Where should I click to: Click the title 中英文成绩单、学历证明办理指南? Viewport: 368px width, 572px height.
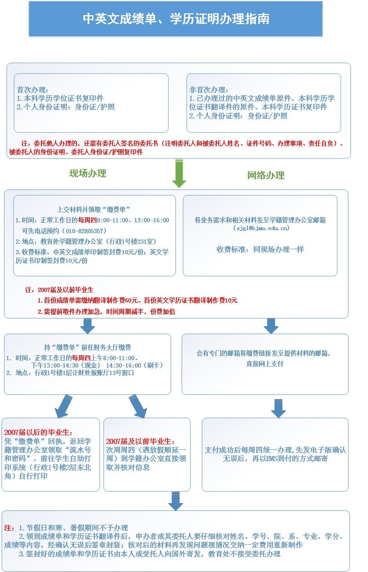(176, 19)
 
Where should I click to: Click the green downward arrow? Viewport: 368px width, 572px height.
(179, 173)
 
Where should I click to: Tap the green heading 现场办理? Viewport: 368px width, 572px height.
(88, 173)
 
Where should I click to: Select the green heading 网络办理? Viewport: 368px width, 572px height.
(266, 175)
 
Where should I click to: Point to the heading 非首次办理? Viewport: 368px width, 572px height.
(209, 90)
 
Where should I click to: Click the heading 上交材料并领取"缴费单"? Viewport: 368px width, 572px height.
(93, 209)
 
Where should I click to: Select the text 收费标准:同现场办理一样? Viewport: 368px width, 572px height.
(260, 249)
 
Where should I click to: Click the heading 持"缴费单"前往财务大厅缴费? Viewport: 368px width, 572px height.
(87, 347)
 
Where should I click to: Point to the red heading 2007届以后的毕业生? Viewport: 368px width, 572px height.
(38, 433)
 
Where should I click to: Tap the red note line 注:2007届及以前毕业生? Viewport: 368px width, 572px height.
(59, 290)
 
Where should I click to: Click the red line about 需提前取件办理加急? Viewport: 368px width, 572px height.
(106, 312)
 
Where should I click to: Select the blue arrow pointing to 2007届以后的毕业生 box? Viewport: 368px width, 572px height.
(64, 406)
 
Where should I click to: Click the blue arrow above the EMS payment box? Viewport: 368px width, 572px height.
(278, 408)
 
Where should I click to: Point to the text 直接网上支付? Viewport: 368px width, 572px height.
(265, 364)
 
